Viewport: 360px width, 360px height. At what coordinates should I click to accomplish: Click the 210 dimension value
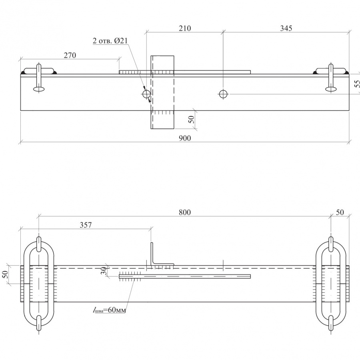pyautogui.click(x=184, y=28)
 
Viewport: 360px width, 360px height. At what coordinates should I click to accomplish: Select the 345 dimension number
pyautogui.click(x=286, y=28)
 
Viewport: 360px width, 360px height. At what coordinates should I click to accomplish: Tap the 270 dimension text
pyautogui.click(x=70, y=55)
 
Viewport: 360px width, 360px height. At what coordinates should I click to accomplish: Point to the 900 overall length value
pyautogui.click(x=184, y=138)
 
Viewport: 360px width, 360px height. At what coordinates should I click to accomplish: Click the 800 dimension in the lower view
pyautogui.click(x=184, y=212)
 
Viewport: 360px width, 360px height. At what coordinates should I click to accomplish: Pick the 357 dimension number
pyautogui.click(x=86, y=225)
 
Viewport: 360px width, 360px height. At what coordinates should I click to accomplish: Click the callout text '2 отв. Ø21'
pyautogui.click(x=110, y=41)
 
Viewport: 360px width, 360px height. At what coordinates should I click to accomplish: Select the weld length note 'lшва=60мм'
pyautogui.click(x=110, y=310)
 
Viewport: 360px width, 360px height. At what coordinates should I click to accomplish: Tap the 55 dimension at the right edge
pyautogui.click(x=357, y=84)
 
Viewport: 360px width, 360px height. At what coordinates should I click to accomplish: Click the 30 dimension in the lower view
pyautogui.click(x=104, y=271)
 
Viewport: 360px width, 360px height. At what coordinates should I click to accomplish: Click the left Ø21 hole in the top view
pyautogui.click(x=146, y=94)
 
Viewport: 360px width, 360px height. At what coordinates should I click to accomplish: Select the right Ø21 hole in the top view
pyautogui.click(x=223, y=94)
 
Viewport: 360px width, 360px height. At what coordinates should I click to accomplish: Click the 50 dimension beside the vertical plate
pyautogui.click(x=192, y=119)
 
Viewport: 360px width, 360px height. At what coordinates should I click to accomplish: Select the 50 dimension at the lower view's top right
pyautogui.click(x=340, y=212)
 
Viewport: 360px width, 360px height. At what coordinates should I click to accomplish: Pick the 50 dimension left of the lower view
pyautogui.click(x=6, y=274)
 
